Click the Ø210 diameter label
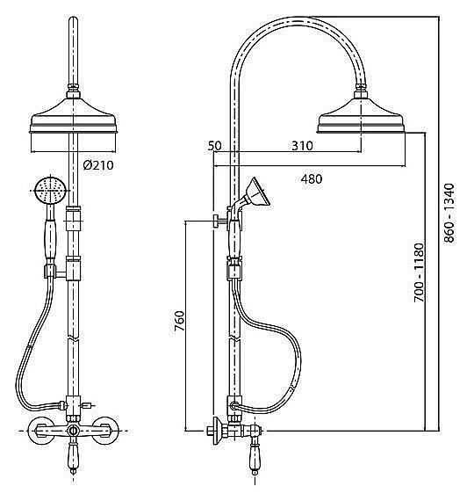(x=98, y=165)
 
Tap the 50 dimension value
(x=214, y=146)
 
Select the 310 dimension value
(x=302, y=146)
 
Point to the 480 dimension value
(x=312, y=179)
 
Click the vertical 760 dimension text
(x=179, y=321)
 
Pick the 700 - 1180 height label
(x=419, y=272)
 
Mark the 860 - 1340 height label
(x=449, y=213)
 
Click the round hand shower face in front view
(x=50, y=191)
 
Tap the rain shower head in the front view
(x=73, y=115)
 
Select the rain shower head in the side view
(x=362, y=115)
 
